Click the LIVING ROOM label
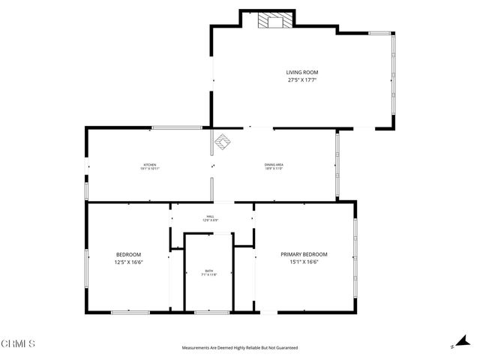(301, 72)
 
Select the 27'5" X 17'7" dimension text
(301, 79)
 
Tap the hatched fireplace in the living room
(272, 21)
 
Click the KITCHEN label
(150, 165)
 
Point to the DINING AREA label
(273, 165)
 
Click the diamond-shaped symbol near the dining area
(223, 140)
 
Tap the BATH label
(210, 271)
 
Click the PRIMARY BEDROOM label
(304, 254)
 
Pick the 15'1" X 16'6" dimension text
(304, 262)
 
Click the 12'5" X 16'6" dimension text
(128, 262)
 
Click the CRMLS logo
(18, 343)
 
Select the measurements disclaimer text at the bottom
(240, 348)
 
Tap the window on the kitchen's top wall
(176, 128)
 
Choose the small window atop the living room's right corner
(381, 32)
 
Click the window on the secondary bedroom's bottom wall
(129, 311)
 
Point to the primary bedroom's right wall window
(355, 255)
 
